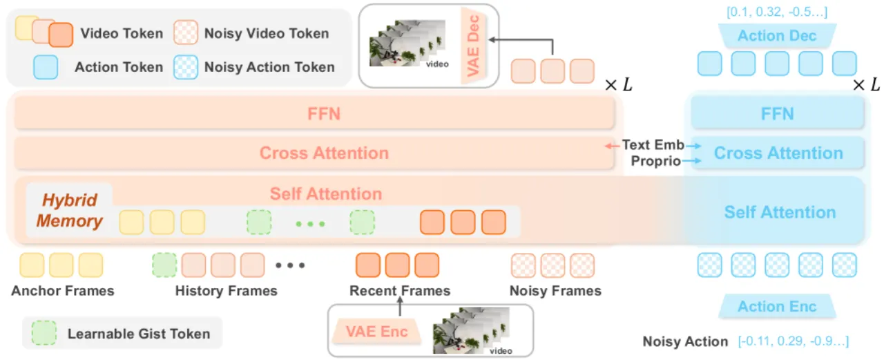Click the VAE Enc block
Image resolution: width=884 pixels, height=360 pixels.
point(377,331)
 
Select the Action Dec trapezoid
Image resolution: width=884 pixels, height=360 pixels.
point(777,35)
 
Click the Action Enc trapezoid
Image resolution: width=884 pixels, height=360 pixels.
point(777,306)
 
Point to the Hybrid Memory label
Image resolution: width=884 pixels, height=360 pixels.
point(70,210)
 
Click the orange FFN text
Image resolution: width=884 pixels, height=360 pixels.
point(324,114)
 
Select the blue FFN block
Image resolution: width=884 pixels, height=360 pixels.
point(778,113)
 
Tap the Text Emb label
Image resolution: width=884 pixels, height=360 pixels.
point(653,145)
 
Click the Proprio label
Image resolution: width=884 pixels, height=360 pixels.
point(655,161)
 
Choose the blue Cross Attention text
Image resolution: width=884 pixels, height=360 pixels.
point(778,153)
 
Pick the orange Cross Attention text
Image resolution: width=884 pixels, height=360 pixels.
point(324,153)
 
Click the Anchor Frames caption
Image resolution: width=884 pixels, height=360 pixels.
point(63,291)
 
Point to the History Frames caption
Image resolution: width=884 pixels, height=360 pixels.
point(226,291)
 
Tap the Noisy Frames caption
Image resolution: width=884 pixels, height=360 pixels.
point(555,291)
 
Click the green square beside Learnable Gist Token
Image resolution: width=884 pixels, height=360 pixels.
point(44,333)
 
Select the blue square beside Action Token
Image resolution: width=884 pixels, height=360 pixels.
point(46,67)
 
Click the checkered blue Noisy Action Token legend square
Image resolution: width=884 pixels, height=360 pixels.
point(186,67)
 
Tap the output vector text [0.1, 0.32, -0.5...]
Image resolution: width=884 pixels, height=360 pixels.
point(777,12)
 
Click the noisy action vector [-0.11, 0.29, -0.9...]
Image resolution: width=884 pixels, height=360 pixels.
point(794,341)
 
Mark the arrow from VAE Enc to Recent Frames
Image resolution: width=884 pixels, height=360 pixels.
point(400,306)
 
